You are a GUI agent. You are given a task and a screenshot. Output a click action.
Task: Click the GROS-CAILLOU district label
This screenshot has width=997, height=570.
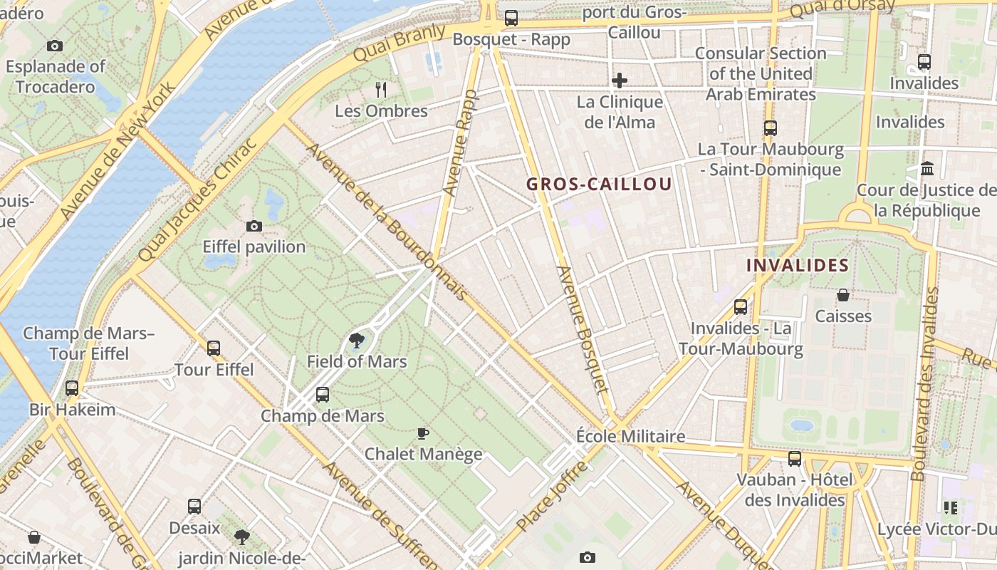599,185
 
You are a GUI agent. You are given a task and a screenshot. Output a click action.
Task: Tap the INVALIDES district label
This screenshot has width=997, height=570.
797,266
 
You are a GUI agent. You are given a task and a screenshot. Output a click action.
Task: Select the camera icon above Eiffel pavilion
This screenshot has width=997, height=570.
254,227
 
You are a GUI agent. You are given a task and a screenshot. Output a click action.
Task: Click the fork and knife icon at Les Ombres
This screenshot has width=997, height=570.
381,89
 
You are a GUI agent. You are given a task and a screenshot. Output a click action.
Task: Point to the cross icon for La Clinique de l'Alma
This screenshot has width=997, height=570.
620,81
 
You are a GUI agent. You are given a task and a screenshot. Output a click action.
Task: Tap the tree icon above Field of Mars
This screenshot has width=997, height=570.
357,341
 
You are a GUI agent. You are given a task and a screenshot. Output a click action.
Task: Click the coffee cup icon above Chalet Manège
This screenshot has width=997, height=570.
423,433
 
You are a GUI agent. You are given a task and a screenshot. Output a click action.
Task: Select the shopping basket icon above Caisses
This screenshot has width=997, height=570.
843,295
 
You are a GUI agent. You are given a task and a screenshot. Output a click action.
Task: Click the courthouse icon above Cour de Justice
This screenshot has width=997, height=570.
927,169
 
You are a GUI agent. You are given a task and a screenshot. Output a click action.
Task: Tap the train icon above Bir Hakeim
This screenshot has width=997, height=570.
72,388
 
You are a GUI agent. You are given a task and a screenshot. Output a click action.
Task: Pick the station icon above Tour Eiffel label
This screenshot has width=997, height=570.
214,348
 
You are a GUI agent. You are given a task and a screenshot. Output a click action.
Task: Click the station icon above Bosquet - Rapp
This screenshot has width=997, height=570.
511,19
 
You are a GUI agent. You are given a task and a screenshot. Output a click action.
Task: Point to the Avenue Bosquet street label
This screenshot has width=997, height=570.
583,330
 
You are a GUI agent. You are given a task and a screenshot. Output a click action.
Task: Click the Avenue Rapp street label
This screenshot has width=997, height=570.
460,142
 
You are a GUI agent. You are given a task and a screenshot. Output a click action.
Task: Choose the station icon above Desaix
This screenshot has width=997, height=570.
194,507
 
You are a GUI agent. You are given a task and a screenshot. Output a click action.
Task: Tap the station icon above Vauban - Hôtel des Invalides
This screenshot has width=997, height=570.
795,459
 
